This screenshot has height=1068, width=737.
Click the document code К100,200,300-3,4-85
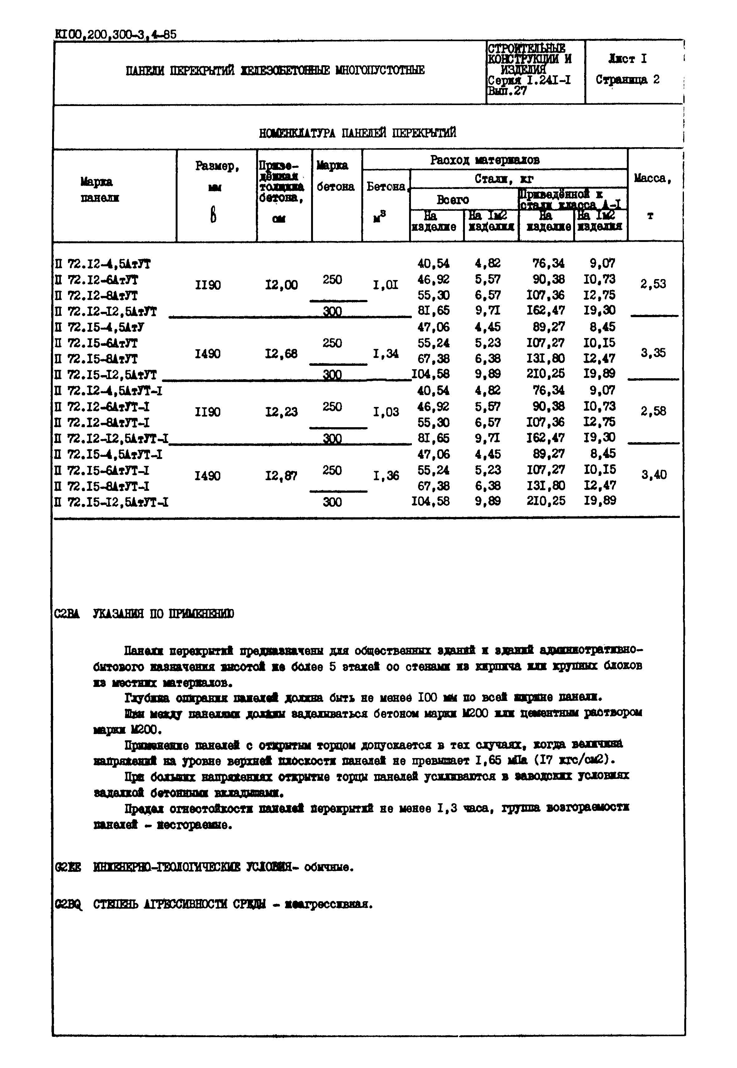pos(115,35)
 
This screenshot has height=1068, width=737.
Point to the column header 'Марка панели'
pos(99,190)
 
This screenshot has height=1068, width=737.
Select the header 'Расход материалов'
pos(485,160)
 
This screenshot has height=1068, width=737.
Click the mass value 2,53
pos(653,284)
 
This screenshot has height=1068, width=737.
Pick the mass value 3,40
pos(653,475)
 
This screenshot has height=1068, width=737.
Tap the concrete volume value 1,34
pos(386,354)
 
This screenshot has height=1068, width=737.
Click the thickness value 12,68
pos(281,354)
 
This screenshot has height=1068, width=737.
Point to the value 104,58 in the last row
pos(430,501)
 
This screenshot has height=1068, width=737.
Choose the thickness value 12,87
pos(281,476)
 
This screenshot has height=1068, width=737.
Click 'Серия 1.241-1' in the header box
pos(529,80)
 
